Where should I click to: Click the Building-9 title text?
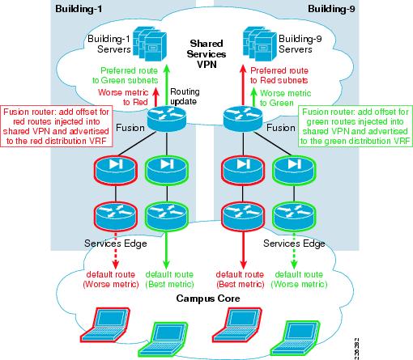(x=332, y=8)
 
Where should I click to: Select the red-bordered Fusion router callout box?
(x=58, y=125)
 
